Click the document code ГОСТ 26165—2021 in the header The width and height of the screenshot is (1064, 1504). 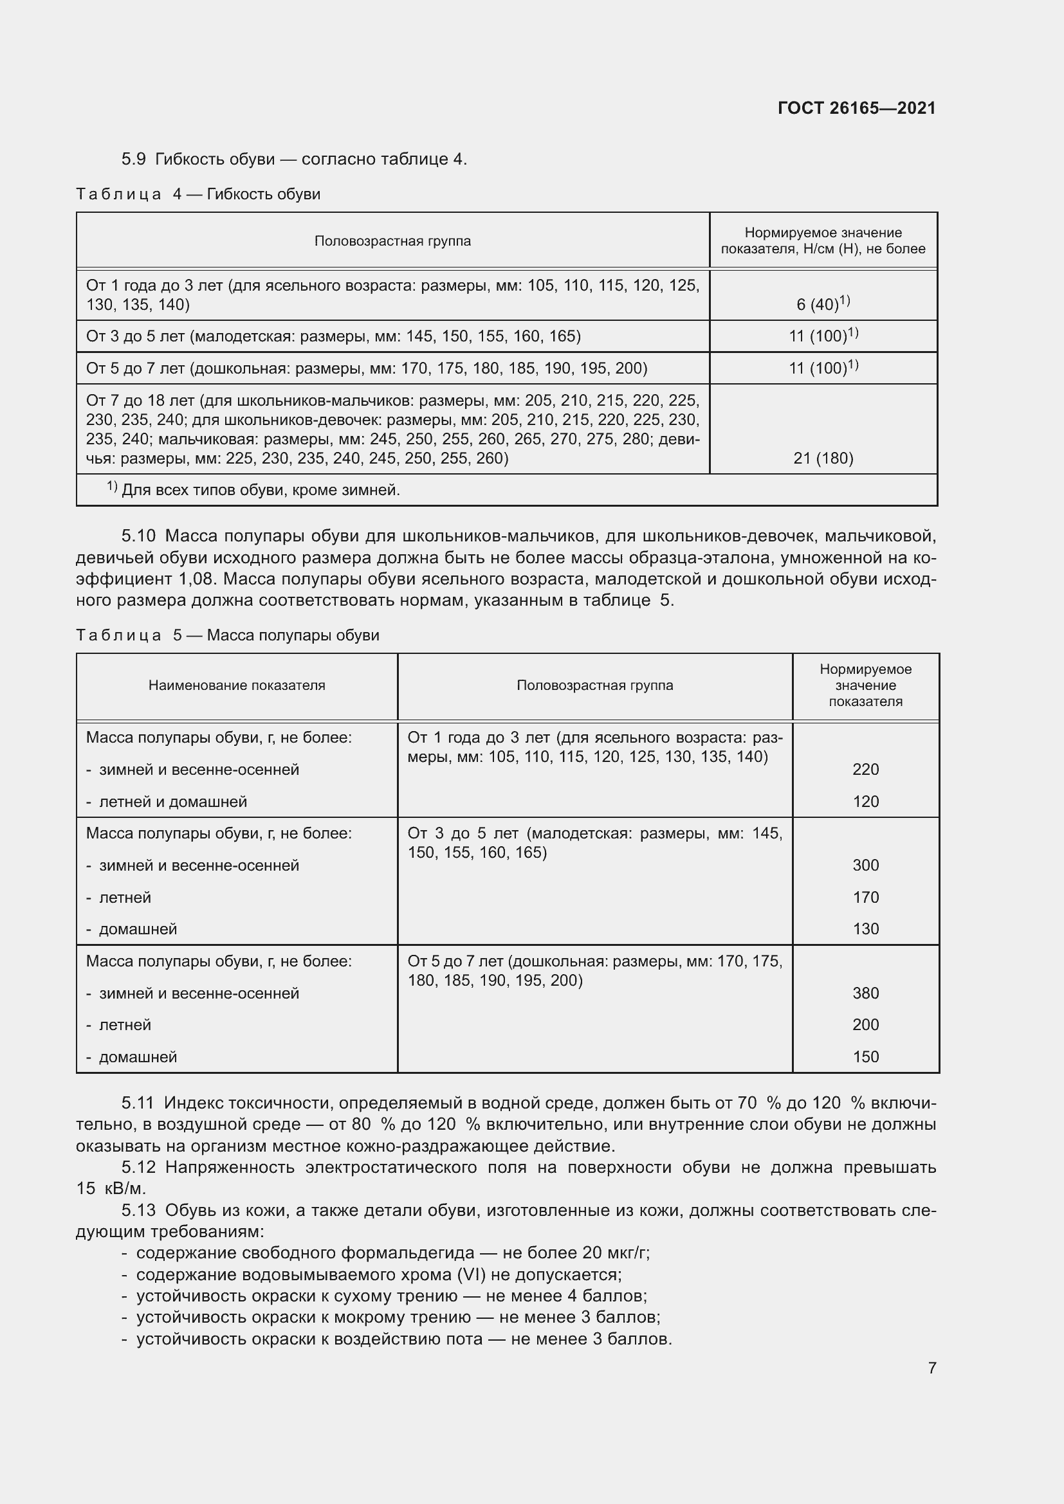coord(856,108)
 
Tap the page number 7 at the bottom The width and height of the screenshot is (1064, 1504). coord(931,1368)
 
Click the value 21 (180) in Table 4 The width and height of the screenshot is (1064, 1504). coord(823,458)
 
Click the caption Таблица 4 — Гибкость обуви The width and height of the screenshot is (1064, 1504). coord(198,194)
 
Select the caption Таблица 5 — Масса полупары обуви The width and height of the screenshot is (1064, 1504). coord(227,635)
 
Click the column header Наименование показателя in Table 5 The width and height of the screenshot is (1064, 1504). coord(237,685)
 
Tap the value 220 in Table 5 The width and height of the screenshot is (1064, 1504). coord(865,769)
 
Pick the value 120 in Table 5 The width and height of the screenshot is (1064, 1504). coord(865,801)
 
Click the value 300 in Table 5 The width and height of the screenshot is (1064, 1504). coord(865,865)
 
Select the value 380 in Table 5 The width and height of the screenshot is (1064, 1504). coord(865,993)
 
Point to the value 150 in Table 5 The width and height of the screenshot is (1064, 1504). coord(865,1056)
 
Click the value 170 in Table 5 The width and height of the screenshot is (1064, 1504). coord(865,897)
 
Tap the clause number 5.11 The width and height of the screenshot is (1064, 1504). coord(138,1103)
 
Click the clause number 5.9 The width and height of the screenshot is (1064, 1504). coord(134,159)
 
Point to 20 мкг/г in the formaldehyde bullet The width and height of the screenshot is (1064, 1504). coord(615,1253)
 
